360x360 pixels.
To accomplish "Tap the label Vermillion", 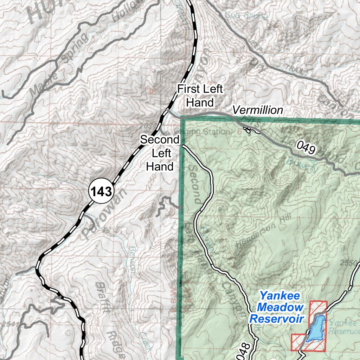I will [x=258, y=110].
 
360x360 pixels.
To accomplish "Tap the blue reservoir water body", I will [x=316, y=328].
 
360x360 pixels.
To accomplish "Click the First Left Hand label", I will [x=200, y=96].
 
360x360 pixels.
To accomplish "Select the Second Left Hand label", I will [x=160, y=153].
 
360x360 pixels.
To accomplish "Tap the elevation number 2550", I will [x=349, y=263].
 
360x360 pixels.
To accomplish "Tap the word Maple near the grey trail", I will [x=39, y=85].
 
